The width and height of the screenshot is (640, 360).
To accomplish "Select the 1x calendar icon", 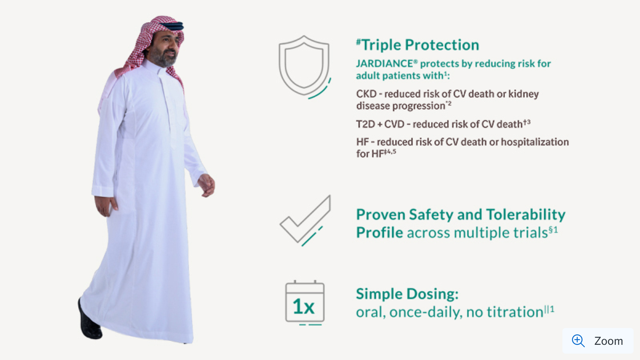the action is pyautogui.click(x=305, y=303).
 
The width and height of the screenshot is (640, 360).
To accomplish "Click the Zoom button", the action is pyautogui.click(x=598, y=341).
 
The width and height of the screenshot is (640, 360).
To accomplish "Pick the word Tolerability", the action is pyautogui.click(x=526, y=215).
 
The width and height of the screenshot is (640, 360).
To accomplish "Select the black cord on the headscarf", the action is pyautogui.click(x=172, y=26).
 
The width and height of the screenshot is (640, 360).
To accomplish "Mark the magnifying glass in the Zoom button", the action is pyautogui.click(x=578, y=341).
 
